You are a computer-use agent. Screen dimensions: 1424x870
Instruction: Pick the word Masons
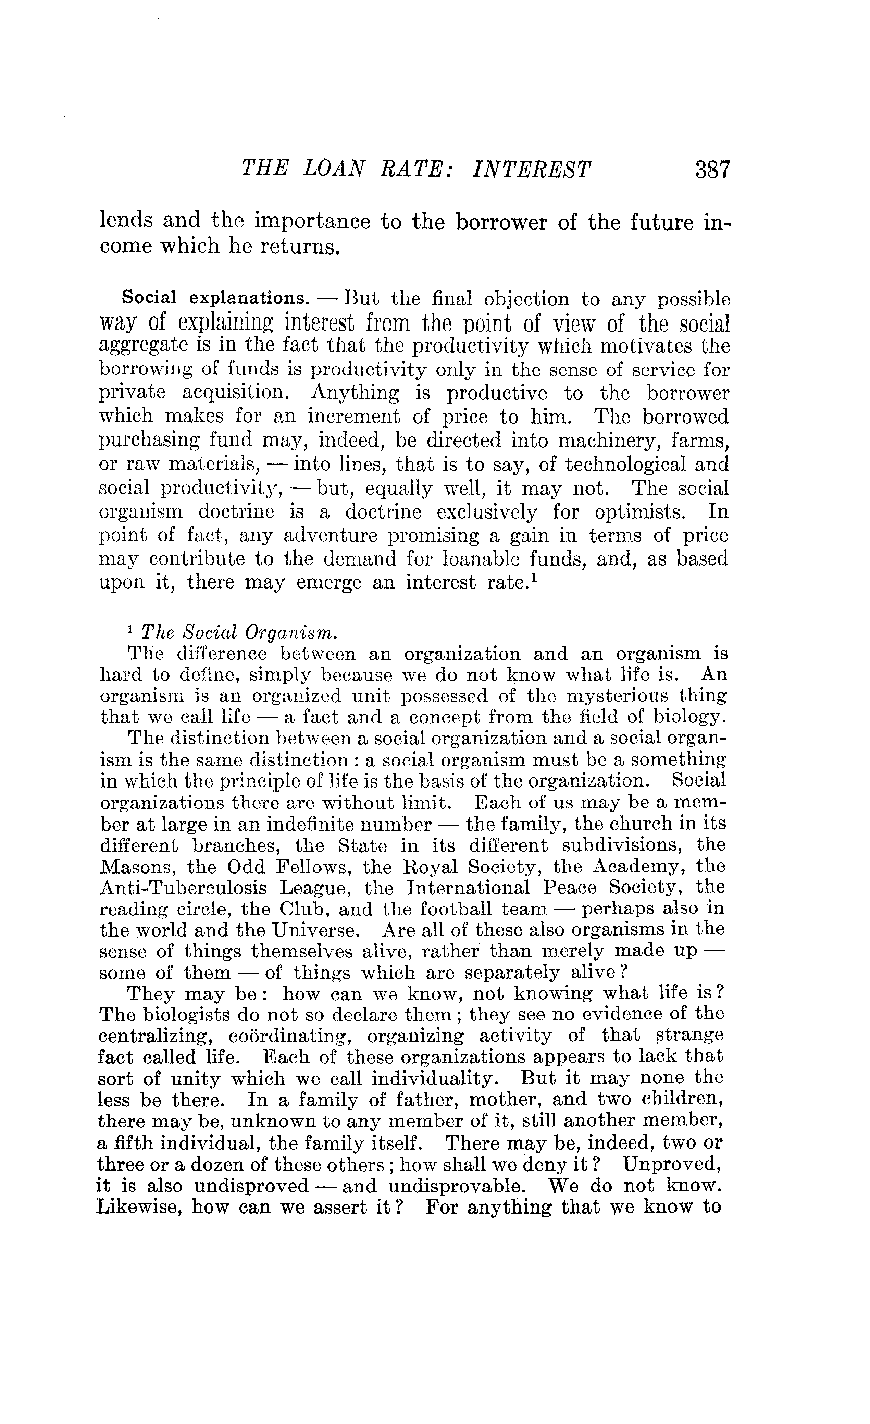(x=137, y=867)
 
